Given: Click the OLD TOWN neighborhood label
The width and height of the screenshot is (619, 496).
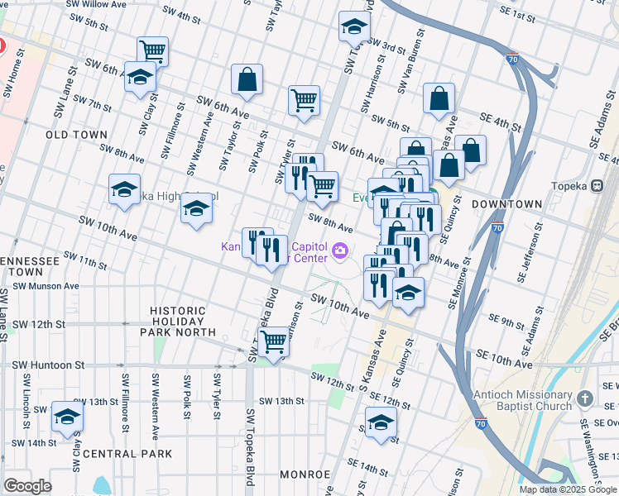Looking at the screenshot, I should (x=76, y=134).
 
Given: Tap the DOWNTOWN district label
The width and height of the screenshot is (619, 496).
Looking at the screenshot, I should (x=506, y=203).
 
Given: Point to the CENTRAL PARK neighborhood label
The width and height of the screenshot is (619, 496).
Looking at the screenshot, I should (x=127, y=454).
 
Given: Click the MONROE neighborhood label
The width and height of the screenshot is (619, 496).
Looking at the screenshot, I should (x=305, y=475).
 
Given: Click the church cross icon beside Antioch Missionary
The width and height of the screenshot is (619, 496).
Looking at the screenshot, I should (x=585, y=398).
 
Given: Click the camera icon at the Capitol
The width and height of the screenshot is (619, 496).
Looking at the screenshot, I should (x=339, y=250).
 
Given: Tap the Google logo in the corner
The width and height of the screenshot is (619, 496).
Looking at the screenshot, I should (x=27, y=486).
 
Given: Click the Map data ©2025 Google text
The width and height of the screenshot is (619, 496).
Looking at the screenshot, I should (x=568, y=489).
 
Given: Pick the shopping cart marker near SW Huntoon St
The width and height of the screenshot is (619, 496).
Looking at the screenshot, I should (x=273, y=340).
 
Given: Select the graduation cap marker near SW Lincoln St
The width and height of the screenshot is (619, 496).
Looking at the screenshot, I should (x=67, y=416).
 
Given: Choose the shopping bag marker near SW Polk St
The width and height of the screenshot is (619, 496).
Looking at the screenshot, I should (x=247, y=80).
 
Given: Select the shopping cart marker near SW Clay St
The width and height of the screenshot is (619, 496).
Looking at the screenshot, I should (x=152, y=51).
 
